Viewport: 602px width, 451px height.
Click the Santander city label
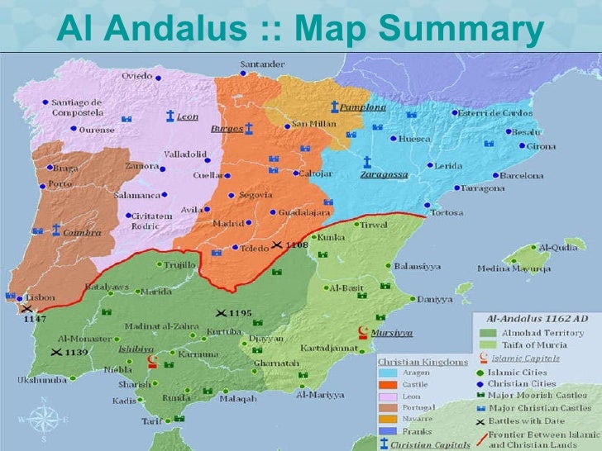pos(262,64)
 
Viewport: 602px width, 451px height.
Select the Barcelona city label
pos(521,176)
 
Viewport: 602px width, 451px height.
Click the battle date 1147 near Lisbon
pos(35,318)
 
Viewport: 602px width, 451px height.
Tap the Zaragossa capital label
pos(383,175)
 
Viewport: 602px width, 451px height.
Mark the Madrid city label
pos(227,224)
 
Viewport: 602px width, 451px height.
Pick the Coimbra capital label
pos(83,233)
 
